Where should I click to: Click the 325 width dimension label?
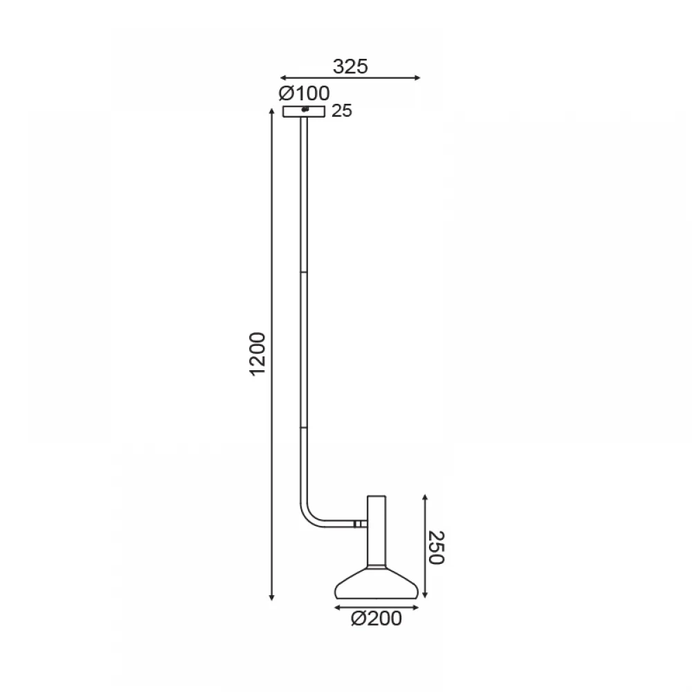click(350, 66)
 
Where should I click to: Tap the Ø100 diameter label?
click(304, 93)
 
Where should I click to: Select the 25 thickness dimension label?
click(342, 111)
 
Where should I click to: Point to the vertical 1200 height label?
click(257, 354)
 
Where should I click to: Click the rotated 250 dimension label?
click(436, 547)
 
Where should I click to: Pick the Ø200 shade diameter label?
click(376, 619)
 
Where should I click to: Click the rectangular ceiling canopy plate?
click(304, 111)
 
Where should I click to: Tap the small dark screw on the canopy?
click(304, 109)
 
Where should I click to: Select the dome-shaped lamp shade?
click(376, 582)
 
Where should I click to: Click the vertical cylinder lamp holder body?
click(376, 531)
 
